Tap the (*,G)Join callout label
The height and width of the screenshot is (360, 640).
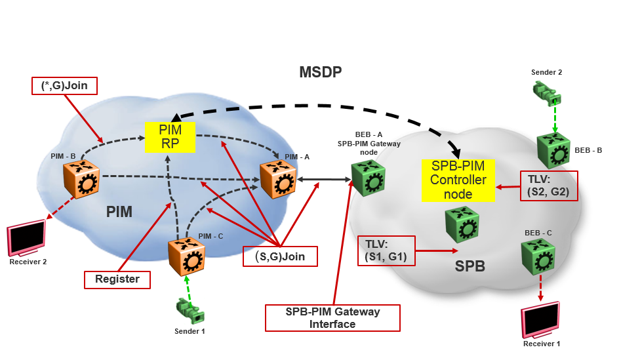tap(64, 85)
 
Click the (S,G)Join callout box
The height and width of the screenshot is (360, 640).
tap(280, 255)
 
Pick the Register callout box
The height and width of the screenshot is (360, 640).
tap(117, 279)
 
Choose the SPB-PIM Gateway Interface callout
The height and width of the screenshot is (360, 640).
tap(332, 318)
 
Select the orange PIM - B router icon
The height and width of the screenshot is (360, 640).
tap(81, 178)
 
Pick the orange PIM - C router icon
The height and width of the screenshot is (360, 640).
tap(186, 256)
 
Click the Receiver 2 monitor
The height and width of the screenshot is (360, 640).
tap(26, 240)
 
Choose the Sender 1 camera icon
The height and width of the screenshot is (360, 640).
tap(190, 311)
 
